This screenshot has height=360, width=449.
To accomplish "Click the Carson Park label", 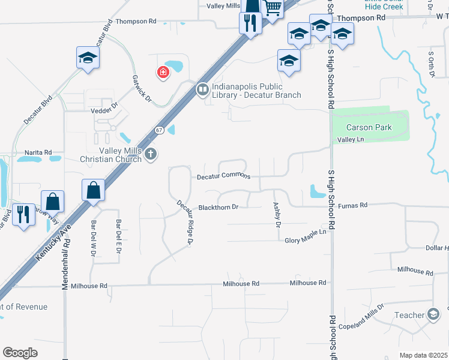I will pyautogui.click(x=369, y=127).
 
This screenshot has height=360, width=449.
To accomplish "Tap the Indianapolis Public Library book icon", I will pyautogui.click(x=202, y=90).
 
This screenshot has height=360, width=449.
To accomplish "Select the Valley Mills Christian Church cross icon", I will pyautogui.click(x=150, y=154).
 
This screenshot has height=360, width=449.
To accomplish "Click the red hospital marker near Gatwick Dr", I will pyautogui.click(x=162, y=73).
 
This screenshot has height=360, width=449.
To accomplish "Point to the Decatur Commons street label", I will pyautogui.click(x=223, y=177).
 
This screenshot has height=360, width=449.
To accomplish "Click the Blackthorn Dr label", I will pyautogui.click(x=219, y=207).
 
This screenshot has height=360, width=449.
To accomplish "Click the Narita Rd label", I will pyautogui.click(x=38, y=152).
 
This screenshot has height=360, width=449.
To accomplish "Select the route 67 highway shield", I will pyautogui.click(x=158, y=130).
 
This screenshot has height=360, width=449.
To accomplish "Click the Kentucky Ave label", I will pyautogui.click(x=53, y=242).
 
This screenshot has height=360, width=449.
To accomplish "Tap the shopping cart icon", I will pyautogui.click(x=273, y=8).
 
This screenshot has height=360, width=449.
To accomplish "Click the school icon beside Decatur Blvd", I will pyautogui.click(x=88, y=58).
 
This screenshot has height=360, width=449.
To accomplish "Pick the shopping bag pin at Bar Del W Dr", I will pyautogui.click(x=94, y=190).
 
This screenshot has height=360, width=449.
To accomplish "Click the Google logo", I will pyautogui.click(x=20, y=352).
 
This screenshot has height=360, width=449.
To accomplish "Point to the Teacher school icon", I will pyautogui.click(x=433, y=314).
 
